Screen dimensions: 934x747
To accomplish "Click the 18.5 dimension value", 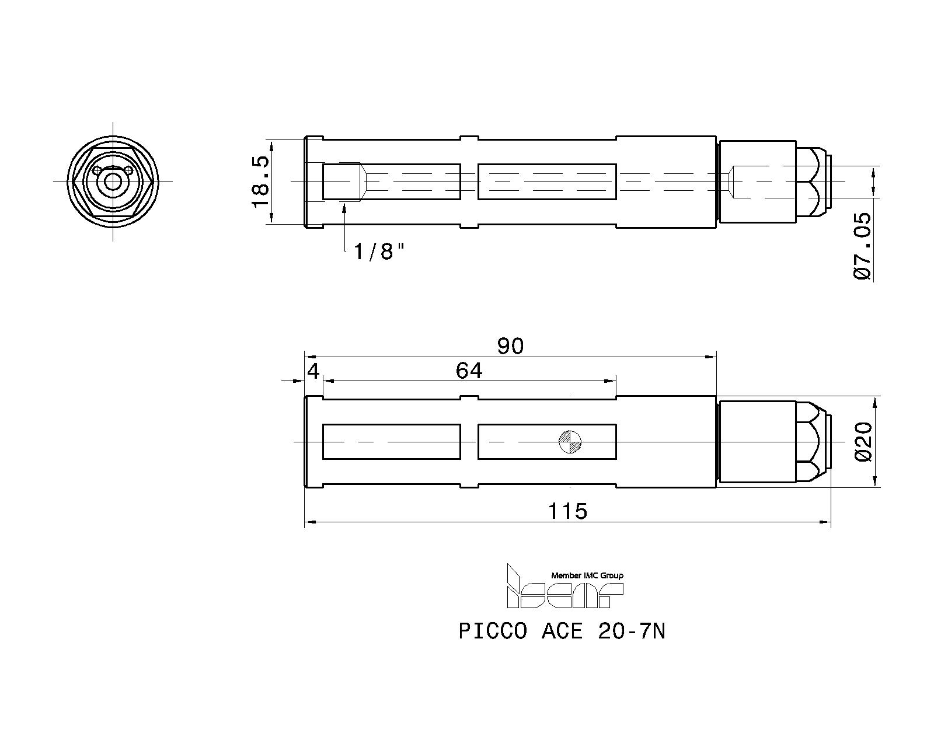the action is pyautogui.click(x=260, y=182).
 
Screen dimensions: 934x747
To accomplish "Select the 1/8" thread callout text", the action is pyautogui.click(x=379, y=252).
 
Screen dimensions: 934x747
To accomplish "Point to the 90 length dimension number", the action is pyautogui.click(x=510, y=347).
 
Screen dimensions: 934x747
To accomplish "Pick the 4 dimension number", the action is pyautogui.click(x=313, y=371).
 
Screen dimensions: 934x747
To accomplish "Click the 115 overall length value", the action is pyautogui.click(x=567, y=511).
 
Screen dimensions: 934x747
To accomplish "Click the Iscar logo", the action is pyautogui.click(x=565, y=586).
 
